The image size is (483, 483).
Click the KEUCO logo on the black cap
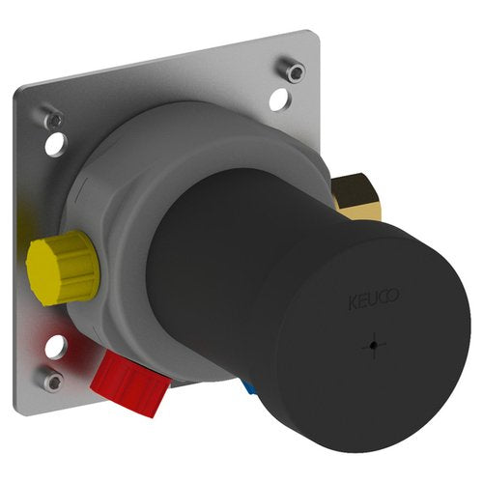(374, 298)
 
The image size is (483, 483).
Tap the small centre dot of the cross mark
(373, 346)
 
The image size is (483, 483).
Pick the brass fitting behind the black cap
(355, 197)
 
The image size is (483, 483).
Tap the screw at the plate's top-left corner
(53, 119)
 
